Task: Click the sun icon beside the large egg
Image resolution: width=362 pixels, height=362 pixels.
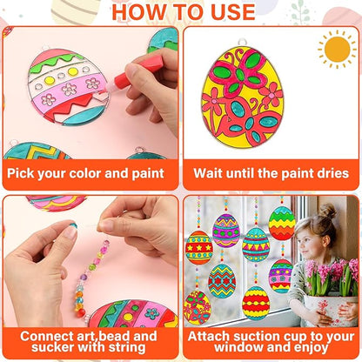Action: (337, 49)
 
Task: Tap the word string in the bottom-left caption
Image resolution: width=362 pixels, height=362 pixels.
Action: (130, 351)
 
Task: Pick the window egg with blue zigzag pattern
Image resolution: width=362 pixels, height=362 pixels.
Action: (221, 280)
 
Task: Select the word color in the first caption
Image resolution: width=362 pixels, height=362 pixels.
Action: (86, 173)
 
